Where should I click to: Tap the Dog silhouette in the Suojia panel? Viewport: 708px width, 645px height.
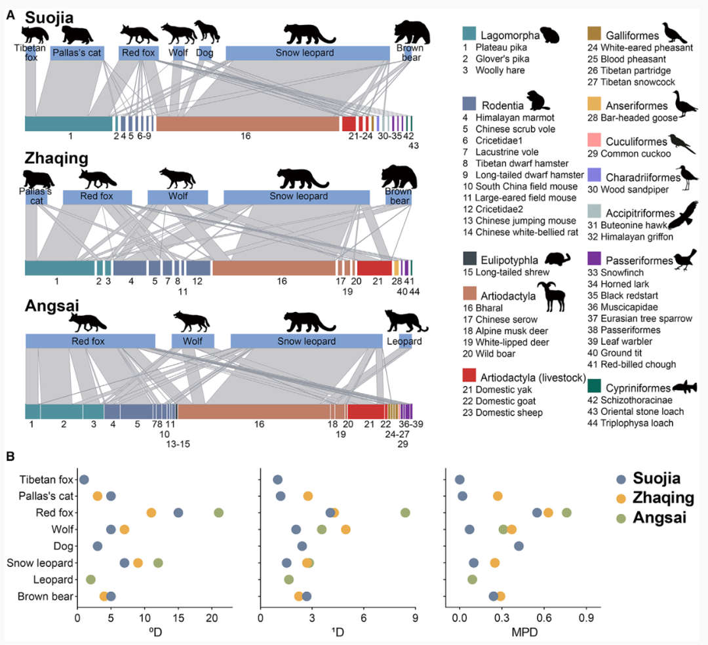point(206,31)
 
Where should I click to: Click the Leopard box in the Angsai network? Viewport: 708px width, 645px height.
point(405,341)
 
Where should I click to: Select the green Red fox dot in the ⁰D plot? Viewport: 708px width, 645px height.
point(219,513)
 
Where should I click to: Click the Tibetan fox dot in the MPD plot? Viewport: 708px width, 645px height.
point(460,480)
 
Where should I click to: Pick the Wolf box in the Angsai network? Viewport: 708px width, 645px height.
point(193,341)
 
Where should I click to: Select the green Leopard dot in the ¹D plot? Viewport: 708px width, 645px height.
point(289,579)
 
